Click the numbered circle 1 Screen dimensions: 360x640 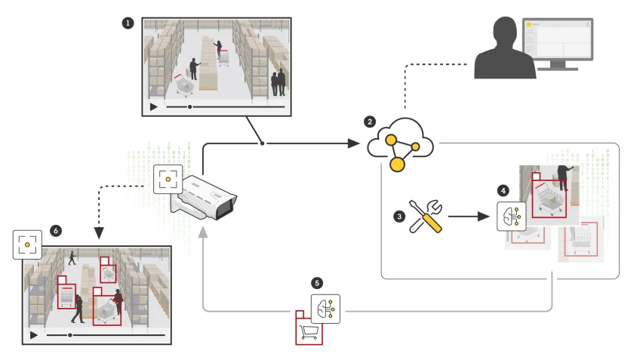[x=128, y=23]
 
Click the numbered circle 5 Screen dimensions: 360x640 [x=317, y=282]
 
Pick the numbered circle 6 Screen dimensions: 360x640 [x=55, y=229]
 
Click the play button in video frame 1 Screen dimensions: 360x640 [x=154, y=107]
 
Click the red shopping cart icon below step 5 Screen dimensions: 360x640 [x=308, y=329]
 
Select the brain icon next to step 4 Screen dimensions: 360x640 [x=509, y=216]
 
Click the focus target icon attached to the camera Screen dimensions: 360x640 [x=167, y=180]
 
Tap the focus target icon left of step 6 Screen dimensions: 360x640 [x=27, y=245]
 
